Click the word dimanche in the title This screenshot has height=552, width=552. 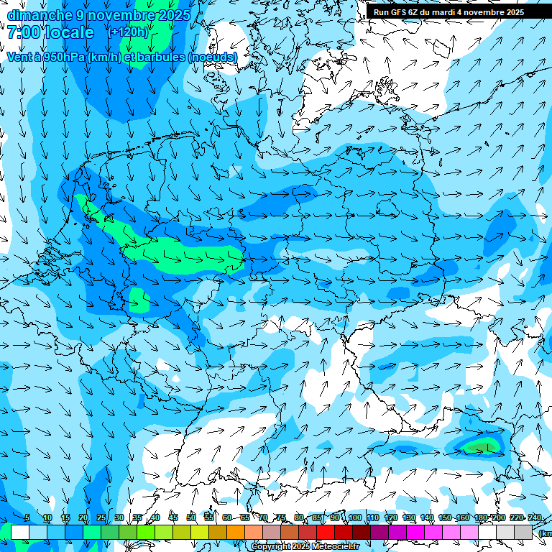(40, 15)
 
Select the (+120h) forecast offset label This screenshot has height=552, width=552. (128, 32)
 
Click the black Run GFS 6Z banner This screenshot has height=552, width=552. (449, 12)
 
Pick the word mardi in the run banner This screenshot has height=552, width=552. (447, 12)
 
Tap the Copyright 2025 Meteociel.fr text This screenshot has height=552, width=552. (305, 547)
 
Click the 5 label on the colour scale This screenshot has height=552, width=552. (27, 518)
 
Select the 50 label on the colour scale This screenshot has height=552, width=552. (191, 518)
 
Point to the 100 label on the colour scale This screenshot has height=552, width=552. (354, 518)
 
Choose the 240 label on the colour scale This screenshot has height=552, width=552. (535, 518)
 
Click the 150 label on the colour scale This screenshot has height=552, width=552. (445, 518)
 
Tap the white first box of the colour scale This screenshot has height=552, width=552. (20, 532)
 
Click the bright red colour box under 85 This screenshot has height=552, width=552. (326, 532)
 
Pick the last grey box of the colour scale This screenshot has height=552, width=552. (523, 532)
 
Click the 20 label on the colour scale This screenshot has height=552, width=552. (83, 518)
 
